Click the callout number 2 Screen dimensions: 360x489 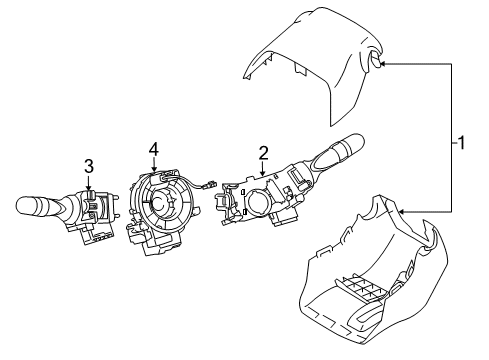[263, 152]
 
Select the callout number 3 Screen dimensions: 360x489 [89, 165]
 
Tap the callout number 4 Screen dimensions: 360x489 [153, 149]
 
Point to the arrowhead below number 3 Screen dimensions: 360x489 [89, 186]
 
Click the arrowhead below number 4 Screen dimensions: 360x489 [153, 168]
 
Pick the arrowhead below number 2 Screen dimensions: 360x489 [263, 174]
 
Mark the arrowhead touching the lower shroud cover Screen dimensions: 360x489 [398, 212]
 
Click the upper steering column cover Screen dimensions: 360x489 [320, 60]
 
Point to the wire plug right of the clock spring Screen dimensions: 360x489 [209, 183]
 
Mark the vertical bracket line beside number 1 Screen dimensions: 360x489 [449, 140]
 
